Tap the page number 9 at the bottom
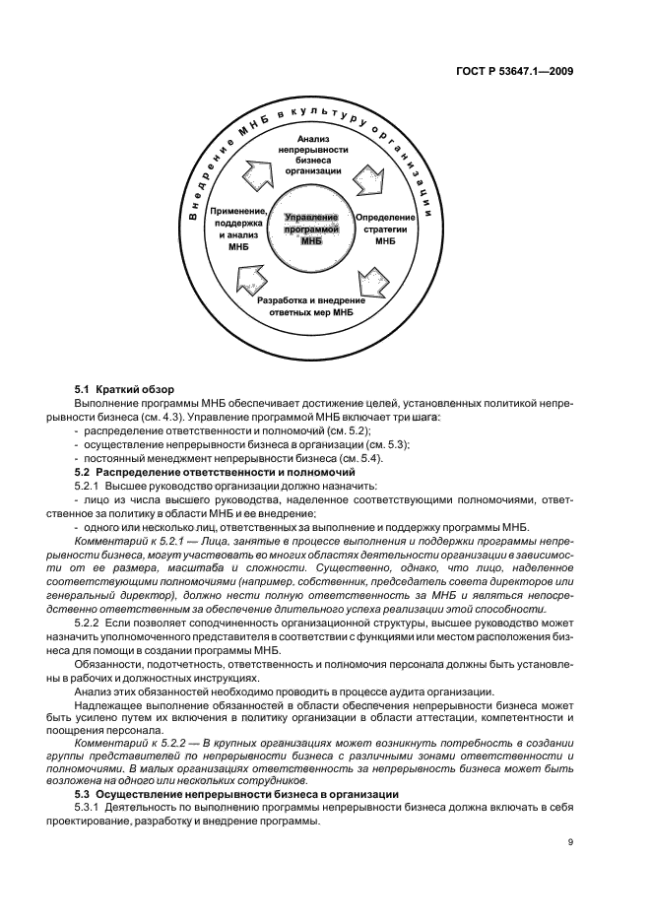point(571,842)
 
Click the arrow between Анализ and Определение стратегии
point(373,176)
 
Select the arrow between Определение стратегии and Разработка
point(374,277)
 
